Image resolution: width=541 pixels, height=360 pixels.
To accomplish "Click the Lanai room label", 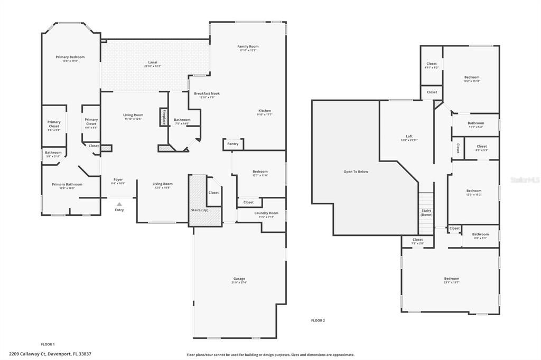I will point(152,62).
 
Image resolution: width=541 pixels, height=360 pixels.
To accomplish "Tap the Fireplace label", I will point(164,117).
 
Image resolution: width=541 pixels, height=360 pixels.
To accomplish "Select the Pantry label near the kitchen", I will point(232,144).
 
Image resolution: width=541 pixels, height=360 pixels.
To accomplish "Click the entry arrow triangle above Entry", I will point(119,204).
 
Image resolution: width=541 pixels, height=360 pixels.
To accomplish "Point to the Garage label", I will point(239,279).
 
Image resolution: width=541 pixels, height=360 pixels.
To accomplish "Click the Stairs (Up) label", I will point(199,210).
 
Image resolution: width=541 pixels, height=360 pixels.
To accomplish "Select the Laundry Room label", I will point(266,213).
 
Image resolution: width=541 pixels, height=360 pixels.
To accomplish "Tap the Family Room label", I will point(248,46).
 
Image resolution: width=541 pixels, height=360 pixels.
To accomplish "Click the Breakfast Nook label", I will point(207,93).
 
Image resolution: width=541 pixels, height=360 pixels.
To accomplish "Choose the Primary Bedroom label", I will point(70,57).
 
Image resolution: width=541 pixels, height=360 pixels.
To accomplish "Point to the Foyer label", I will point(118,179).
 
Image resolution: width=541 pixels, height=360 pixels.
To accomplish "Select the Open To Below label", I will point(356,172).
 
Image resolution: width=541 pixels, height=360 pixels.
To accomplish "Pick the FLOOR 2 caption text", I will point(318,320).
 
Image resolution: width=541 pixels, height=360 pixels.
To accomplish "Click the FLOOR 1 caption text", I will point(48,344).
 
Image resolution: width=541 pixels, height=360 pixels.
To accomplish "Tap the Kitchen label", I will point(264,111).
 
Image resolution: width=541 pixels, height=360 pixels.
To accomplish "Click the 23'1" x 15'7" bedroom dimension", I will point(451,282).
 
